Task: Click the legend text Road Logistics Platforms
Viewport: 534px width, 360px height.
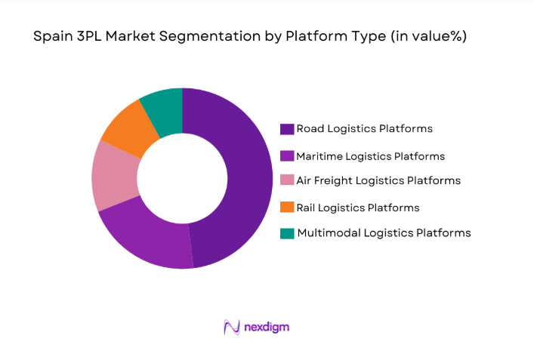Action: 364,128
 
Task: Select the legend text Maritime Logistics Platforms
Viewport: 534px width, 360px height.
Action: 370,156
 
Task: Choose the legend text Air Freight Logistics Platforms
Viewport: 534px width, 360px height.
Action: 378,180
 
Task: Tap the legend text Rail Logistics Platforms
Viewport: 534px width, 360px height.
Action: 357,207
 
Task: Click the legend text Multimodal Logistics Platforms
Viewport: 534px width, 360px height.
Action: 384,232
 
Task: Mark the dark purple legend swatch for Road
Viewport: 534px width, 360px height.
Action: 286,129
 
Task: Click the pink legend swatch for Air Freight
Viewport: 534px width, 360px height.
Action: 286,181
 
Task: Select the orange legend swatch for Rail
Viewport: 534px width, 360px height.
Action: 286,207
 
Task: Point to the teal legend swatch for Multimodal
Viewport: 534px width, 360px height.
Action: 286,233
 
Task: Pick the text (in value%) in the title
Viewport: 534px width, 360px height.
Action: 428,36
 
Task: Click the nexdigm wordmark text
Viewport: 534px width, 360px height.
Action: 267,327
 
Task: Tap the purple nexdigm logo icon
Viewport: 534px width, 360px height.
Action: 231,327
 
